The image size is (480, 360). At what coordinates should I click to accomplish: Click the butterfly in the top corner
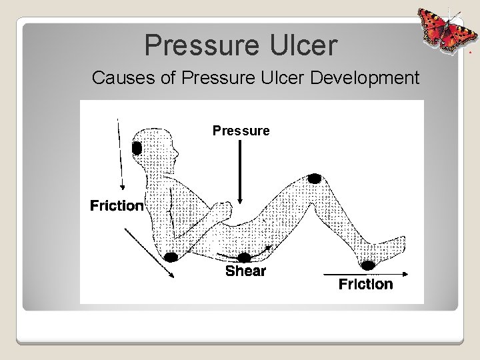pos(441,31)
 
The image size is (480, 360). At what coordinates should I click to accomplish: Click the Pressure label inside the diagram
pos(241,131)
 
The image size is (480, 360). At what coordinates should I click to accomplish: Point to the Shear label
pos(245,271)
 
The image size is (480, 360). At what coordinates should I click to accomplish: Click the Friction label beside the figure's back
pos(117,205)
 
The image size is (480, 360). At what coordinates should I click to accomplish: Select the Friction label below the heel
pos(365,285)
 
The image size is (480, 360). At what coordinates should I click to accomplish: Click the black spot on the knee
pos(314,179)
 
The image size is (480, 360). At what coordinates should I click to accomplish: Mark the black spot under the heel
pos(368,266)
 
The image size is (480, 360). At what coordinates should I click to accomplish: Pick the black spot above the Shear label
pos(245,257)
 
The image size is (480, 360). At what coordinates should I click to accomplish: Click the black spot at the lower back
pos(171,257)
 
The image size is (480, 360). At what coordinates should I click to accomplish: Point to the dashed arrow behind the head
pos(120,153)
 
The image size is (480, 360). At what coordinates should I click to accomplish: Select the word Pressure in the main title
pos(197,45)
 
